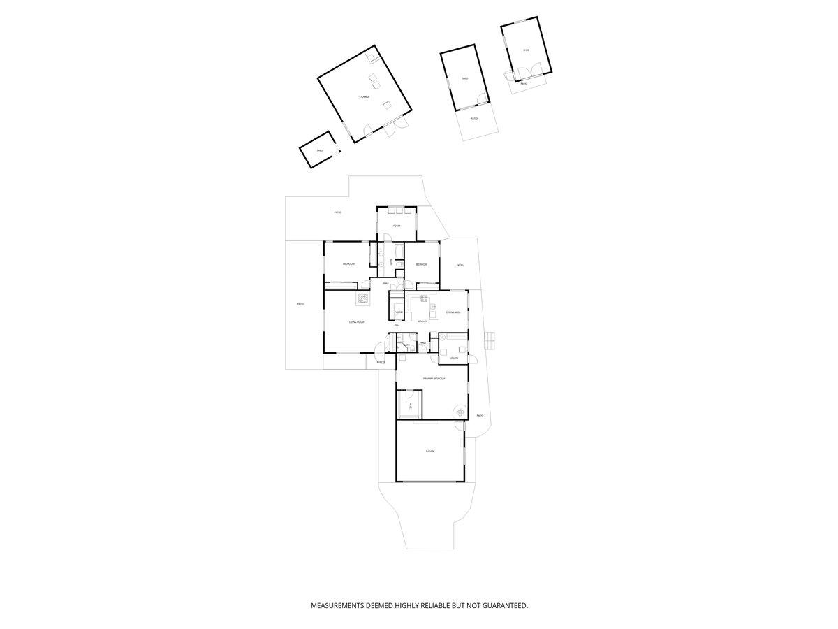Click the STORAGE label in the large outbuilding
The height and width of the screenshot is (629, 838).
364,96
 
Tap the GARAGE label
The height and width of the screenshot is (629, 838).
430,451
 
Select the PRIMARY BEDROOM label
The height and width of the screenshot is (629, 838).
434,378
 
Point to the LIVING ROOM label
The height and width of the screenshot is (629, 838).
357,322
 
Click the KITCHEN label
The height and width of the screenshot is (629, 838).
422,321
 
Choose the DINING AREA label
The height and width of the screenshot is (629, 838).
453,312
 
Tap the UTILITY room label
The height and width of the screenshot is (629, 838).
454,358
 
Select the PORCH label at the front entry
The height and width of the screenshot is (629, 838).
381,363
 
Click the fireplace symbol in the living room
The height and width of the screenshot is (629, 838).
363,299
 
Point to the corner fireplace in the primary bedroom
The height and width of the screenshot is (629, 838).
460,412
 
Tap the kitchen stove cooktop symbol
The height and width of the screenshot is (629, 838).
424,299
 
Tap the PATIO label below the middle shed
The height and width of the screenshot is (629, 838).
474,119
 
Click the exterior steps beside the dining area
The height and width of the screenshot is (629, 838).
490,340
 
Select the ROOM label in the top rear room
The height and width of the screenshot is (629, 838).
396,226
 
